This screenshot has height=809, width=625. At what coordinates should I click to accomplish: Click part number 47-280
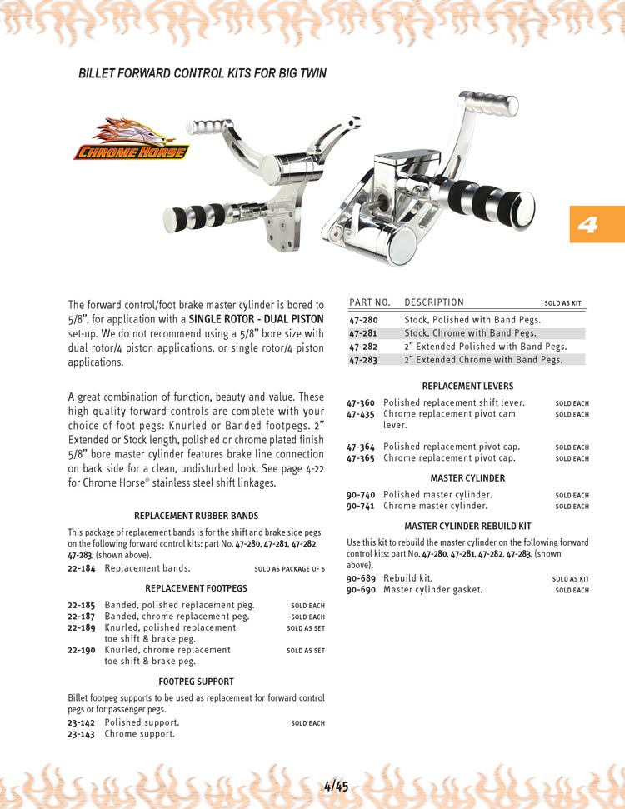pos(363,320)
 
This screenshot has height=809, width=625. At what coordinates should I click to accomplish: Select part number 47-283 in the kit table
pos(363,360)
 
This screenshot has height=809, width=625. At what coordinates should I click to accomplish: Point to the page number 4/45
pos(336,786)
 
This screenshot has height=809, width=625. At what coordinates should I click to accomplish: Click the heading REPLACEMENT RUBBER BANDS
pos(196,516)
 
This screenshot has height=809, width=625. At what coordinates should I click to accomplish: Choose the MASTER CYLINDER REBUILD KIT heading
pos(467,527)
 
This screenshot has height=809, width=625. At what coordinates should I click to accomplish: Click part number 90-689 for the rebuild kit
pos(361,578)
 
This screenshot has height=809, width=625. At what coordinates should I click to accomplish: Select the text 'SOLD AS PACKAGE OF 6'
pos(289,569)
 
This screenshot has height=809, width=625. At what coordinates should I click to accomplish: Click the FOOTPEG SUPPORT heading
pos(196,682)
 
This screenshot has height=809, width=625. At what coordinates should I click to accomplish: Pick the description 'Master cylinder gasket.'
pos(432,590)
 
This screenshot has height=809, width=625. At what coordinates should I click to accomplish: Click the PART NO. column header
pos(370,302)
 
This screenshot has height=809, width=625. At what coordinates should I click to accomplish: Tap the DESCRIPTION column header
pos(434,302)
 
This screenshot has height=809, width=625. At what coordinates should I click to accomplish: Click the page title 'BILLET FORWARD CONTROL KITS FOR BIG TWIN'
pos(202,73)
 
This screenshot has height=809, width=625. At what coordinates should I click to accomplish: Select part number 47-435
pos(361,414)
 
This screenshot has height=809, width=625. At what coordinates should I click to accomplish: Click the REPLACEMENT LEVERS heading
pos(467,387)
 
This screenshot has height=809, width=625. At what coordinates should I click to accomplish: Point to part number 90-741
pos(361,506)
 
